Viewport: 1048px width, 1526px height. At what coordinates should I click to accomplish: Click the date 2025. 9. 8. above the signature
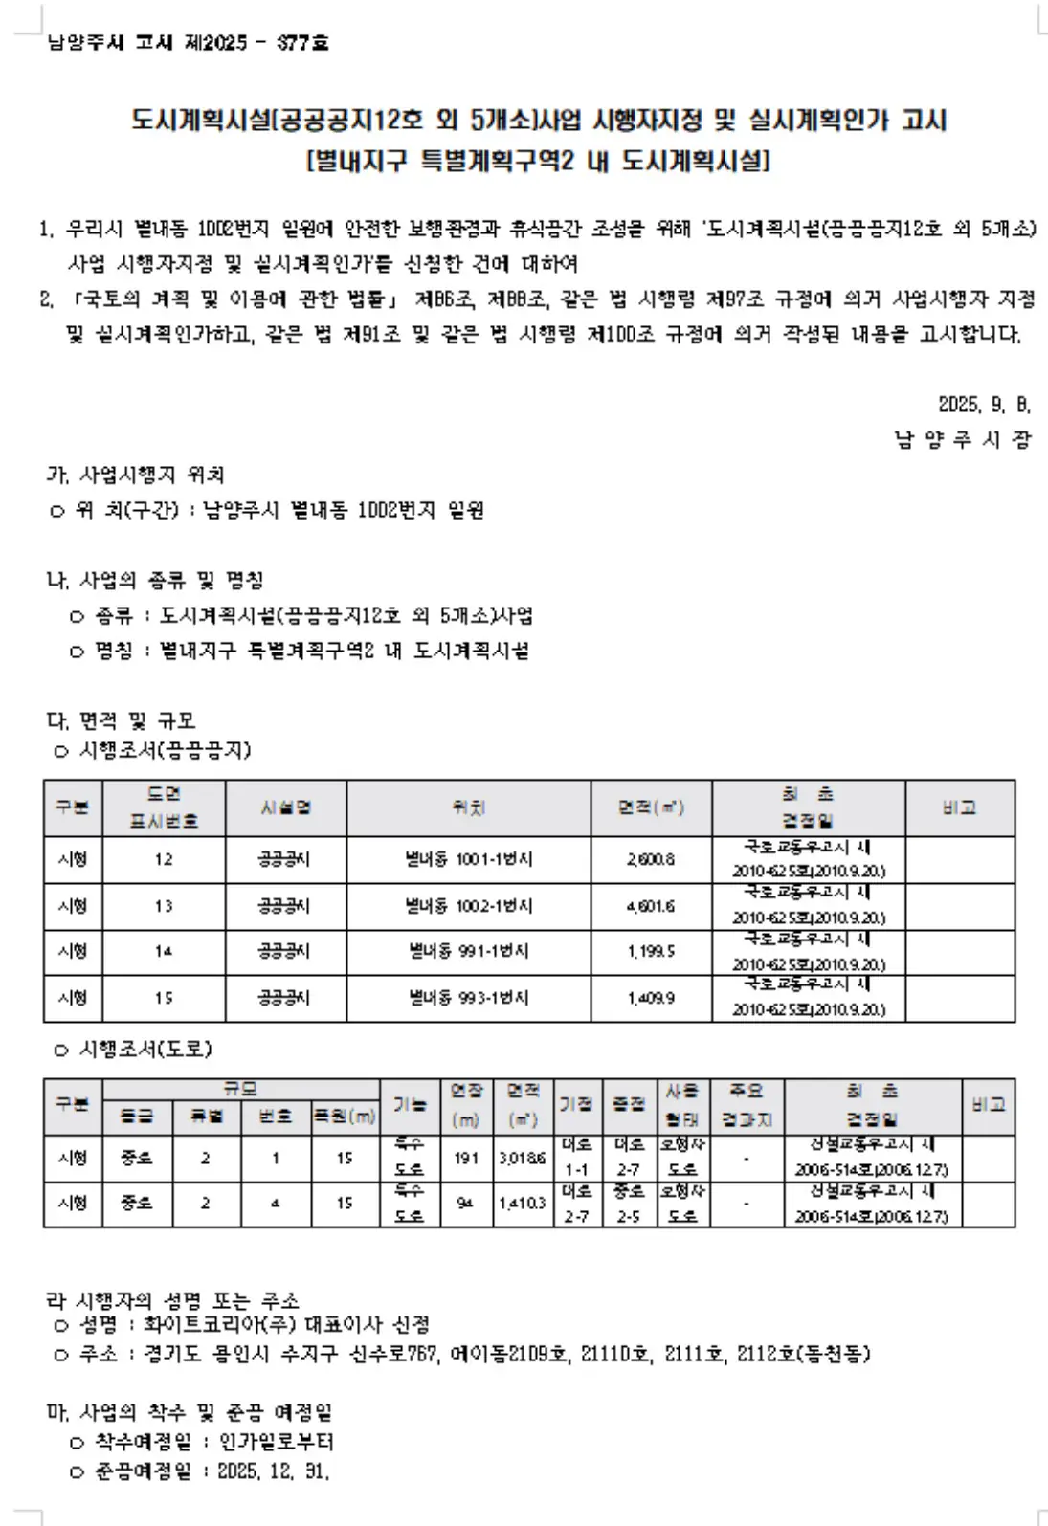click(984, 405)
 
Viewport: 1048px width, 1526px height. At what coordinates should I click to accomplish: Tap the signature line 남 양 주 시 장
click(962, 440)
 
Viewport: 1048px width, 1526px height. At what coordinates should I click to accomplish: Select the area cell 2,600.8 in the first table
click(651, 859)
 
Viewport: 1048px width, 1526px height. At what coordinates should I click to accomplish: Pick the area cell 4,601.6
click(651, 905)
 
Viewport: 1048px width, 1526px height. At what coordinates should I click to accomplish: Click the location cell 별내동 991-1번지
click(468, 951)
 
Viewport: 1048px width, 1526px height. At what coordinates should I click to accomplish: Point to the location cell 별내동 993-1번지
click(468, 998)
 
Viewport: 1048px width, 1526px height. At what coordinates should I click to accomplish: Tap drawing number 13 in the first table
click(164, 905)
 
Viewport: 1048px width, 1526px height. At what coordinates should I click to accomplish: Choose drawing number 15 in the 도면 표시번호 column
click(164, 998)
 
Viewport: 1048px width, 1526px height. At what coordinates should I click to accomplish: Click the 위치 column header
click(468, 807)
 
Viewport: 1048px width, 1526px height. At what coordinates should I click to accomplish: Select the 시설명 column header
click(285, 807)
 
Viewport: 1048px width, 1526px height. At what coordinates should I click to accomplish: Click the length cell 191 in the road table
click(466, 1158)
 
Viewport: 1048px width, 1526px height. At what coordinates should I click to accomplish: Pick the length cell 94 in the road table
click(465, 1203)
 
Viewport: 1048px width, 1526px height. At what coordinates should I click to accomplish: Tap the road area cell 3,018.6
click(522, 1158)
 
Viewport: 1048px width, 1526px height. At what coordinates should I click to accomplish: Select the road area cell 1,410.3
click(522, 1203)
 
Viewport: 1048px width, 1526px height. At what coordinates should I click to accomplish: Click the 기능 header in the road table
click(410, 1104)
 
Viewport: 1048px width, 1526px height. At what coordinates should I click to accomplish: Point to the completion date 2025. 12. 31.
click(274, 1471)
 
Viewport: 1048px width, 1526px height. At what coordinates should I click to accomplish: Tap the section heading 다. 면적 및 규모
click(121, 720)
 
